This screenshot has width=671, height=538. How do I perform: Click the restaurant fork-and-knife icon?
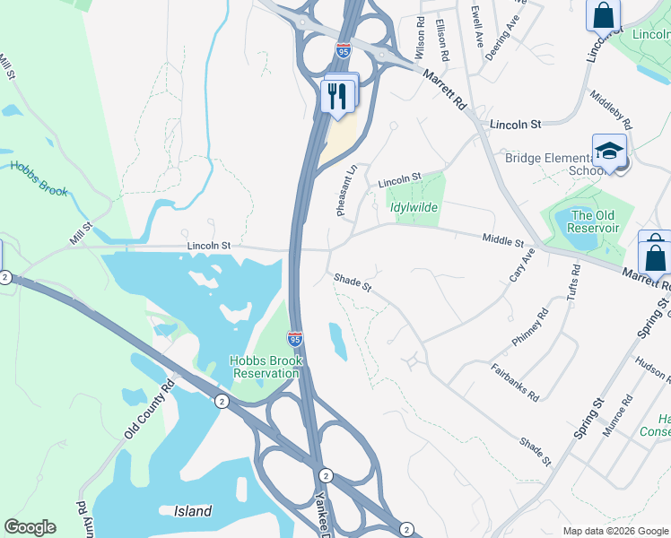click(336, 96)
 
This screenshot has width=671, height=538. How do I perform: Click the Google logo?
click(30, 527)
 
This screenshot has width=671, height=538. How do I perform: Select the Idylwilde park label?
click(414, 207)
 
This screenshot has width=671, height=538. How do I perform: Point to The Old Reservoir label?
click(595, 221)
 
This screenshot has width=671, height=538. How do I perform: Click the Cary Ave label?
click(522, 265)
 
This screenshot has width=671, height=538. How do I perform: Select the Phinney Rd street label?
click(530, 327)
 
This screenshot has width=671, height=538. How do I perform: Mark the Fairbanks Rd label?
click(515, 382)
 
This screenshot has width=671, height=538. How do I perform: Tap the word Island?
click(192, 511)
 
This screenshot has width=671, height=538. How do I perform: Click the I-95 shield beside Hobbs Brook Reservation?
click(294, 339)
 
